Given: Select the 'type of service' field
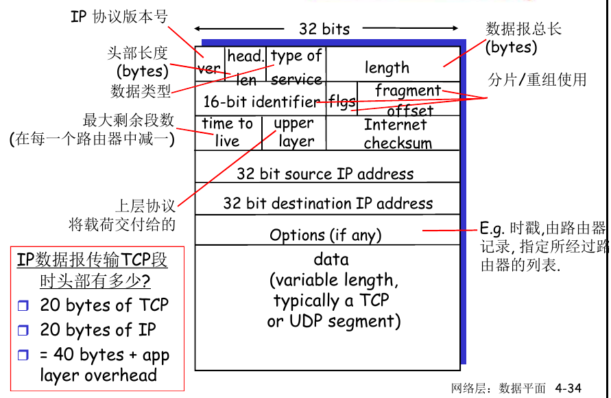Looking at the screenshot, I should click(296, 67).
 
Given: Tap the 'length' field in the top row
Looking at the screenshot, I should click(387, 67).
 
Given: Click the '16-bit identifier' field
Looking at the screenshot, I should click(261, 102).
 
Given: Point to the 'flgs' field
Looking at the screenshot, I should click(342, 102).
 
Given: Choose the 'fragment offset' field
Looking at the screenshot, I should click(409, 100).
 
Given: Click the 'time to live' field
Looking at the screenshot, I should click(227, 132).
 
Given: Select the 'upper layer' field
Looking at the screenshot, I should click(294, 132).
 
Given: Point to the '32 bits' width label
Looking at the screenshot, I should click(324, 29).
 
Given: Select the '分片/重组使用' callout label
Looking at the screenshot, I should click(537, 80).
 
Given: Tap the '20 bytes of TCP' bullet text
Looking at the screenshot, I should click(104, 305).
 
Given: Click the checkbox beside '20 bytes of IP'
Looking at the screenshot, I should click(24, 331).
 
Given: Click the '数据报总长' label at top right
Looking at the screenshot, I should click(523, 29).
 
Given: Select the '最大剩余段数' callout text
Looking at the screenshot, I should click(128, 121).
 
